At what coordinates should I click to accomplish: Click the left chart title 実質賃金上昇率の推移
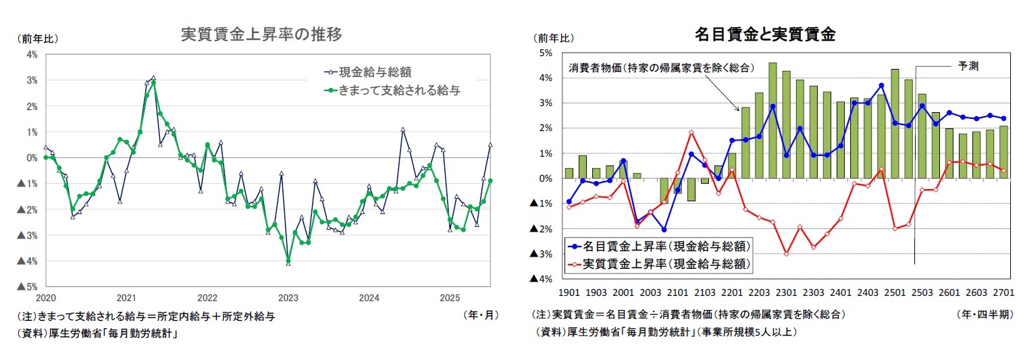pyautogui.click(x=261, y=34)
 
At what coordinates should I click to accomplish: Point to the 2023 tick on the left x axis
pyautogui.click(x=288, y=298)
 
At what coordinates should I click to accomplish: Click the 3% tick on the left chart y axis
pyautogui.click(x=32, y=80)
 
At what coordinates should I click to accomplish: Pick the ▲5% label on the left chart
pyautogui.click(x=28, y=286)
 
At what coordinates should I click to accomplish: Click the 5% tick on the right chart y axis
pyautogui.click(x=544, y=53)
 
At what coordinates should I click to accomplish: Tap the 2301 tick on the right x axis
pyautogui.click(x=786, y=292)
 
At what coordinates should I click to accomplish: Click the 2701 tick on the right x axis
pyautogui.click(x=1004, y=292)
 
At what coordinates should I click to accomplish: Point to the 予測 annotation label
pyautogui.click(x=968, y=66)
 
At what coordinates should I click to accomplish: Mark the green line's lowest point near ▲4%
pyautogui.click(x=288, y=260)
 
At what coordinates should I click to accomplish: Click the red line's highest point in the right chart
pyautogui.click(x=691, y=132)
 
